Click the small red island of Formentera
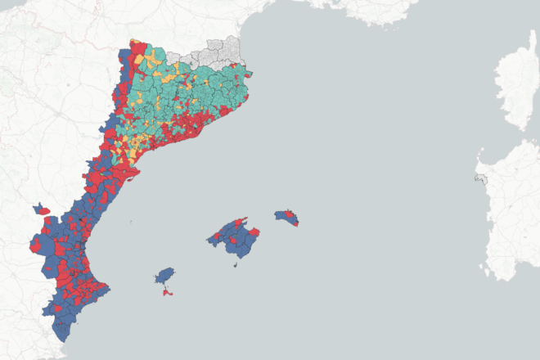pos(168,292)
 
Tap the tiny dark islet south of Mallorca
pos(236,264)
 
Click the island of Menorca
pos(287,218)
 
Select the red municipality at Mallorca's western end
pos(212,240)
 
